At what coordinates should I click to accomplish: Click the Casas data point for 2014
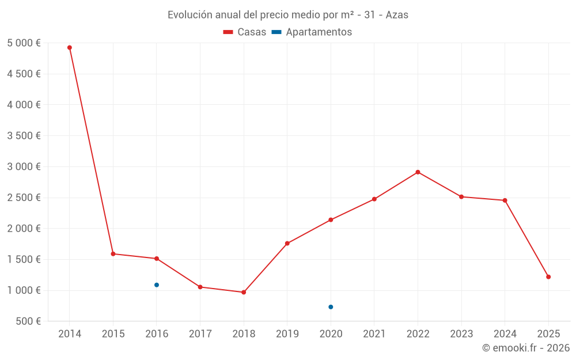(x=70, y=48)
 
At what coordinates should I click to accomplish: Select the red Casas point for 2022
(x=418, y=172)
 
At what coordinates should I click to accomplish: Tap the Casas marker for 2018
(x=244, y=292)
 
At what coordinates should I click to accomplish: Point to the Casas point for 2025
(x=548, y=277)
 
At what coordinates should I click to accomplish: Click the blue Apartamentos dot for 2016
(x=157, y=285)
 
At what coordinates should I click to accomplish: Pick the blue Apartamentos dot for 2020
(x=331, y=307)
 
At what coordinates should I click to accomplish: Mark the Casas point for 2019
(x=287, y=243)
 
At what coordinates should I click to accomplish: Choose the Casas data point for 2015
(x=113, y=254)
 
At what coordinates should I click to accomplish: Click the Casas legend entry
(x=245, y=32)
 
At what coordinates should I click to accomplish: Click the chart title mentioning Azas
(x=288, y=15)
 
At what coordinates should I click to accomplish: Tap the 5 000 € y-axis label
(x=24, y=43)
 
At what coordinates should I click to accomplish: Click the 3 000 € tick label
(x=24, y=167)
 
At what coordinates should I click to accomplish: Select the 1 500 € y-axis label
(x=24, y=260)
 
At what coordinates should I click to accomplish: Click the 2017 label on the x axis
(x=200, y=334)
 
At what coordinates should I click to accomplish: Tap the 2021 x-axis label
(x=374, y=334)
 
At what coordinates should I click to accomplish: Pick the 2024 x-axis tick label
(x=505, y=334)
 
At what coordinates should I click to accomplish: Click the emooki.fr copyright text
(x=526, y=348)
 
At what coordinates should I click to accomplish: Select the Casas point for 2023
(x=461, y=197)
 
